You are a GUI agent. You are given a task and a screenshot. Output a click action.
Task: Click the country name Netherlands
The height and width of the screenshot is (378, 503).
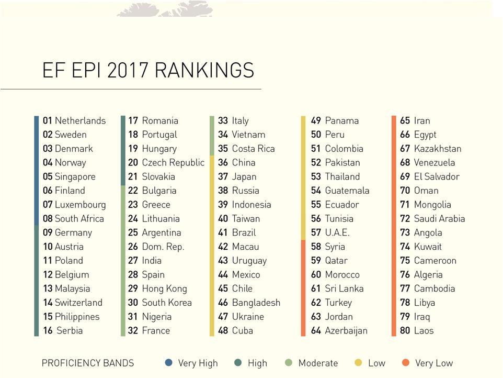[80, 120]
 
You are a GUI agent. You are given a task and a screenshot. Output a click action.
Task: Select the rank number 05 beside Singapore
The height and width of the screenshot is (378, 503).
[48, 176]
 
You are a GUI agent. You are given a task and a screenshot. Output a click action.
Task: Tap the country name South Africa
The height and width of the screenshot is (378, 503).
[79, 219]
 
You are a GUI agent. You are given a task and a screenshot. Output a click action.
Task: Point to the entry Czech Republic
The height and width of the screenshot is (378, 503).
[173, 162]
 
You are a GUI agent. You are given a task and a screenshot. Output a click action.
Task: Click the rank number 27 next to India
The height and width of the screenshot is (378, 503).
[133, 261]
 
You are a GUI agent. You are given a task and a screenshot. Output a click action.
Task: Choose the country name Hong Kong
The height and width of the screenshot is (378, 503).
[164, 288]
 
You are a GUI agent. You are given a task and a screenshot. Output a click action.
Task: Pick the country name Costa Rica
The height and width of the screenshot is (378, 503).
[253, 149]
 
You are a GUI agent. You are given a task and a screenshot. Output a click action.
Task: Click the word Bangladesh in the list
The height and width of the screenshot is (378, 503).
[256, 303]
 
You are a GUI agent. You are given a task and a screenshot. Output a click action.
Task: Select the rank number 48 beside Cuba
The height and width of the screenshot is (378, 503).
[223, 331]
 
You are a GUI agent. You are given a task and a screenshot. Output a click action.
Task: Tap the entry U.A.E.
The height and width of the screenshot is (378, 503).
[337, 233]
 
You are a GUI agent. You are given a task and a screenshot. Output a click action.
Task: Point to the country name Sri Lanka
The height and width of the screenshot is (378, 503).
[344, 288]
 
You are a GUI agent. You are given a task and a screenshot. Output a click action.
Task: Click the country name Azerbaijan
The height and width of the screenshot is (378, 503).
[346, 331]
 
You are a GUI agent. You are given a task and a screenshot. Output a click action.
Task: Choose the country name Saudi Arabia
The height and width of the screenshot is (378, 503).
[439, 219]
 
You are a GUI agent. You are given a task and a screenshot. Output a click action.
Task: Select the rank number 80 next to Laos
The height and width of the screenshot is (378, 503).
[405, 331]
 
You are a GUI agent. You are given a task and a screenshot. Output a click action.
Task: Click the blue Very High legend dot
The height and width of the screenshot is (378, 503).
[168, 362]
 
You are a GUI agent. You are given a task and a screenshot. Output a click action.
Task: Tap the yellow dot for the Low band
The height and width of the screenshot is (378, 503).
[359, 362]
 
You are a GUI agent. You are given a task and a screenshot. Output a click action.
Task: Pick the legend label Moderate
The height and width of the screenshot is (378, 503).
[318, 363]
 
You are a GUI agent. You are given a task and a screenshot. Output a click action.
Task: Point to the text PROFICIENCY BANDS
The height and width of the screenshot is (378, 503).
[87, 363]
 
